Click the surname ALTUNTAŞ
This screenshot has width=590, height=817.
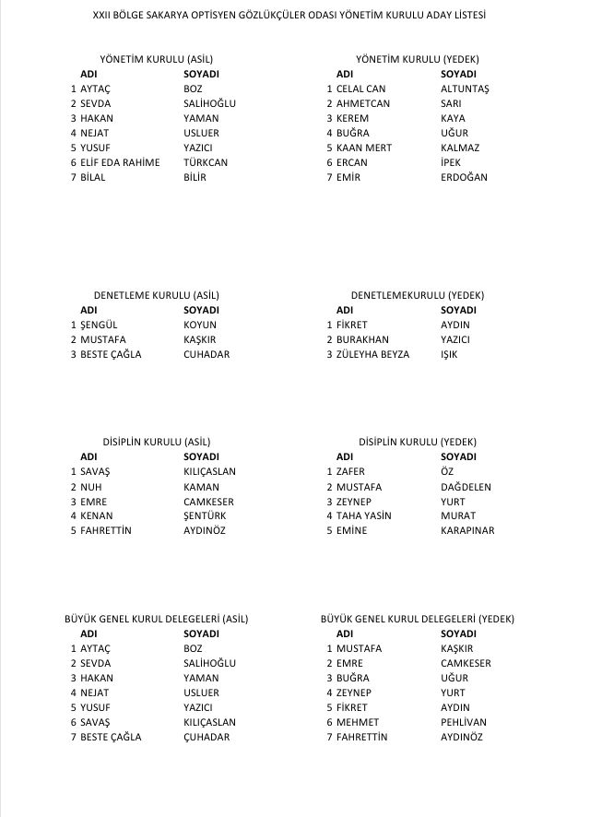(465, 89)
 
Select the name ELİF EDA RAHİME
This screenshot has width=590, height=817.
(120, 162)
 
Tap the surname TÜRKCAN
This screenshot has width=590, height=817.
(206, 162)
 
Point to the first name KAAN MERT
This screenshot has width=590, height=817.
(364, 148)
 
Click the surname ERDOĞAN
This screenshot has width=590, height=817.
(464, 177)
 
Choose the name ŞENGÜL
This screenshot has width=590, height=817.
(100, 325)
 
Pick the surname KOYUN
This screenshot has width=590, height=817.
(200, 325)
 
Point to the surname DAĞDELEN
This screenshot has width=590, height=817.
(466, 487)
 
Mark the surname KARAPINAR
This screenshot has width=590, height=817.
(467, 531)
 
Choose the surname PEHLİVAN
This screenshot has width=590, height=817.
(464, 722)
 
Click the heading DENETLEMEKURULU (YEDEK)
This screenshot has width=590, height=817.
(418, 295)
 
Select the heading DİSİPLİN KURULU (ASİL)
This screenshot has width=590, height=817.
(157, 442)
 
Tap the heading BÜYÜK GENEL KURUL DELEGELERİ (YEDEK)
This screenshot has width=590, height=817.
(418, 619)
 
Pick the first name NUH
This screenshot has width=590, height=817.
(90, 487)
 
